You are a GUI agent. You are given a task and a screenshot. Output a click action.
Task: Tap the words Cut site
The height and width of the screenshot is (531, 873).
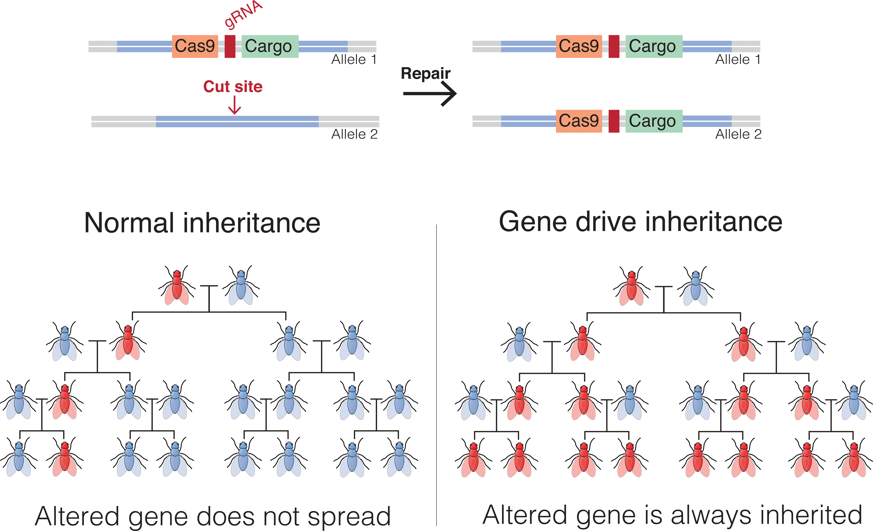coord(233,87)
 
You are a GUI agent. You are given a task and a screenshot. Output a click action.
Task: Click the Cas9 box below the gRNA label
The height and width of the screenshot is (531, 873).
coord(195,46)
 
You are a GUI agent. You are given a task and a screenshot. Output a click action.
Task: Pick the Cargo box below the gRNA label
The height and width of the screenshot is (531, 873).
coord(270,46)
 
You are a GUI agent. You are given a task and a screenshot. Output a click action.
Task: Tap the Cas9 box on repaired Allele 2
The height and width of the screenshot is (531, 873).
coord(579,121)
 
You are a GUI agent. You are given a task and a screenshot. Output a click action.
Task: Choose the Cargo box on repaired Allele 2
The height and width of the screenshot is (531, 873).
coord(654,121)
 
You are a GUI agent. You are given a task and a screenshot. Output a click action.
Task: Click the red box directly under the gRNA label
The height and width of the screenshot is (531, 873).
coord(230,46)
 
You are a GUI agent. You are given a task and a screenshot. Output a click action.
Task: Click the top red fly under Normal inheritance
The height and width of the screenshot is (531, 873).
coord(177,289)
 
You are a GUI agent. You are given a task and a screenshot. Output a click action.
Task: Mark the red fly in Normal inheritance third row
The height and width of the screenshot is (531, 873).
coord(64,403)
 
